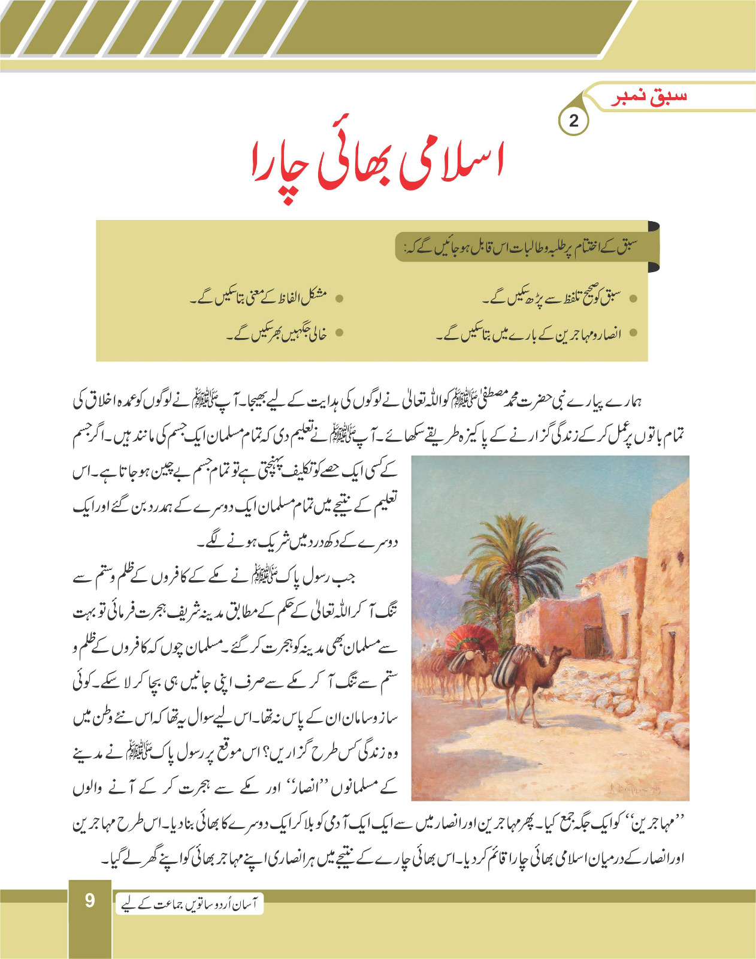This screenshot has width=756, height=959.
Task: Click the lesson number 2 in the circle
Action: point(573,121)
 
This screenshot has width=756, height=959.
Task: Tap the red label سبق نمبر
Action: point(649,98)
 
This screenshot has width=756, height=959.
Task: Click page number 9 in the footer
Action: point(90,900)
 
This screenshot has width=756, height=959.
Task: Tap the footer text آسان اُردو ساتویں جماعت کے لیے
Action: point(189,904)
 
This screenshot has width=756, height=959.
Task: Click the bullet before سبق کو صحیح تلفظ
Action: point(633,298)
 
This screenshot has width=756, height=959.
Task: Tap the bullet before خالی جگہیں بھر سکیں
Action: point(339,333)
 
